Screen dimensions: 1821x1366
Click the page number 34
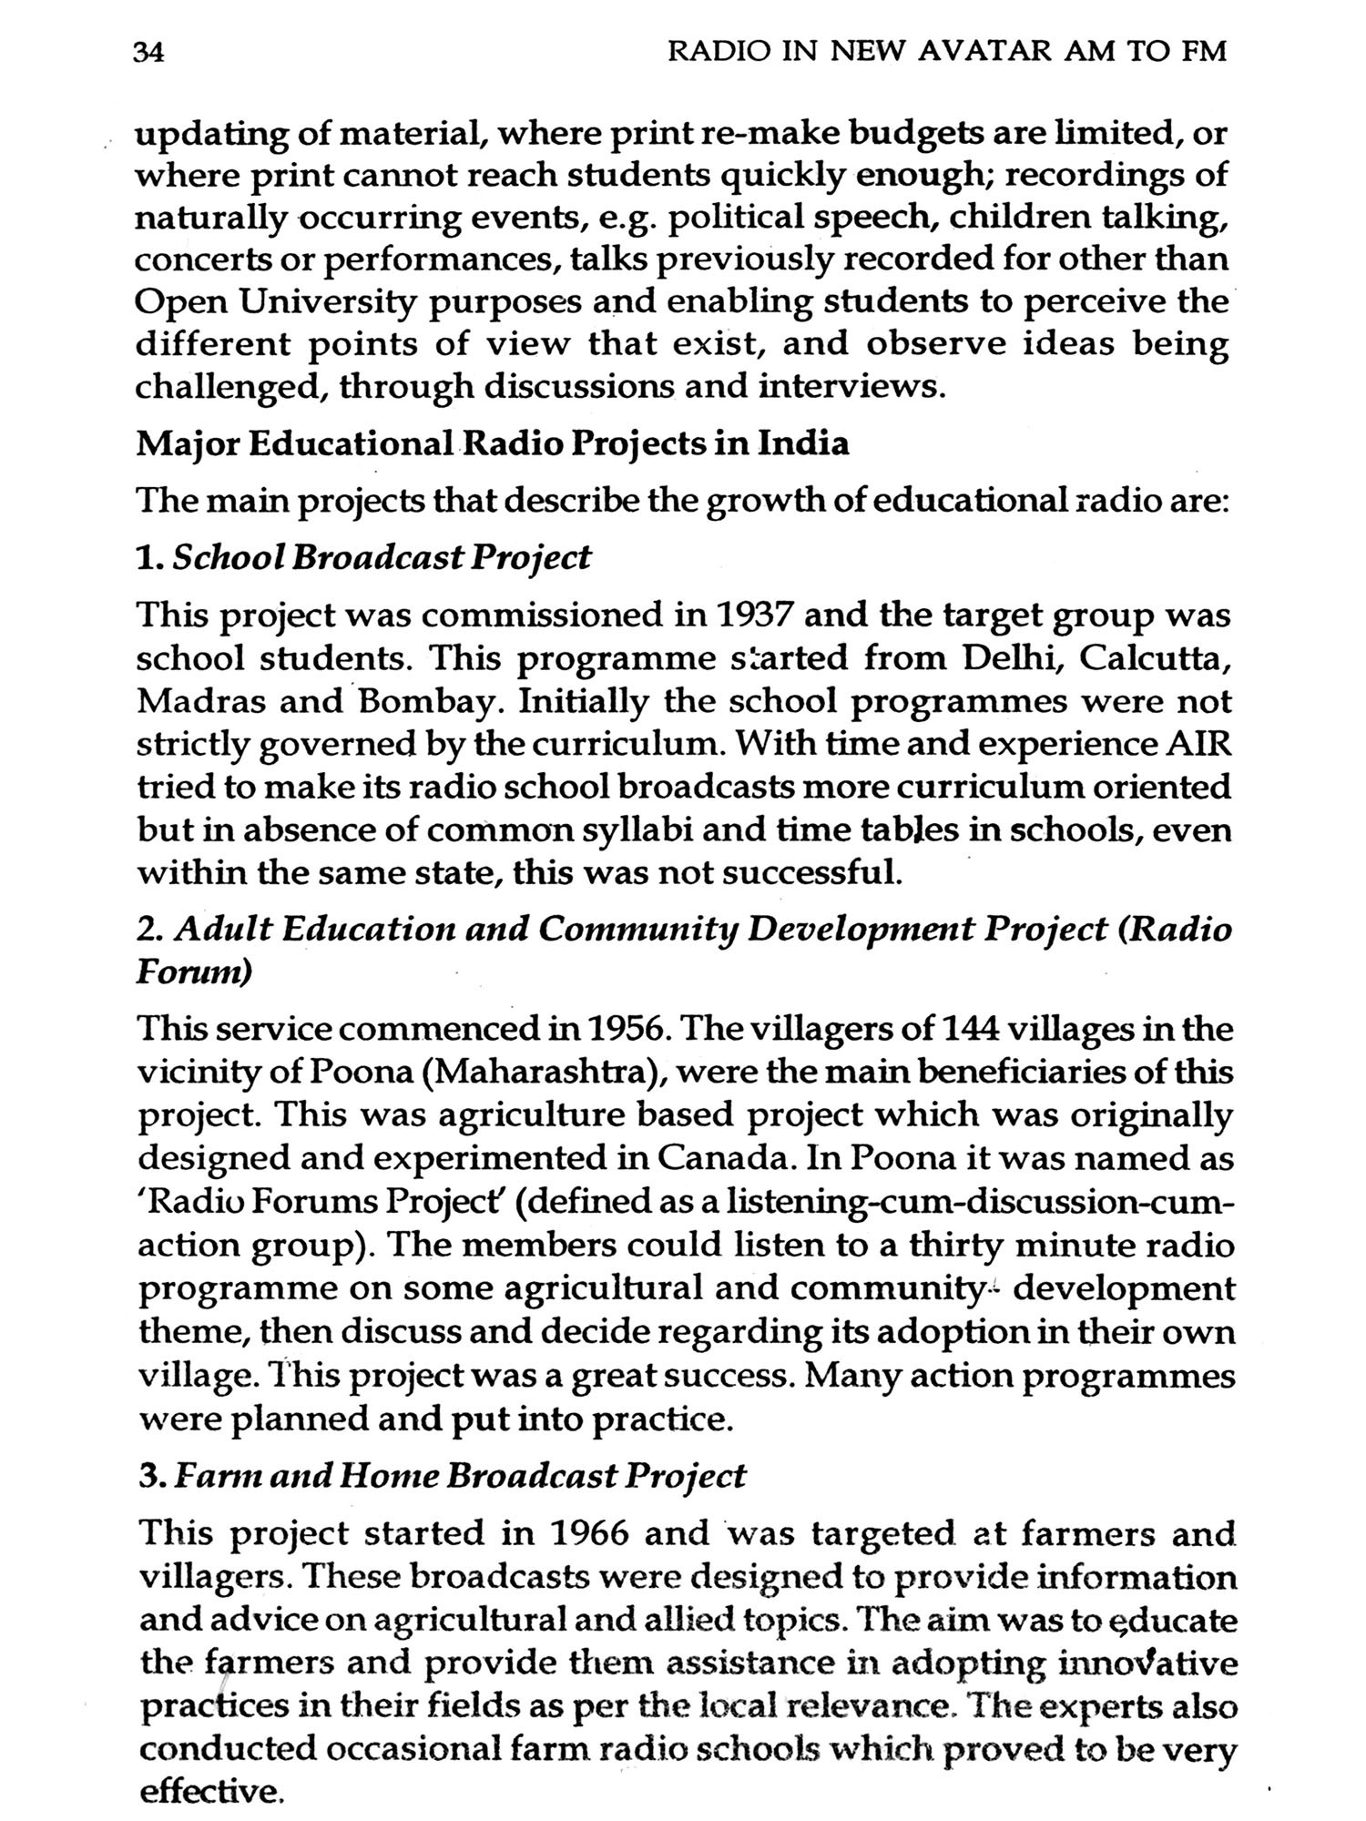coord(148,54)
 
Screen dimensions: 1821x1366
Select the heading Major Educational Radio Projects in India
coord(492,444)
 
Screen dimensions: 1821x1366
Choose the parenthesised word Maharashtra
coord(542,1073)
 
